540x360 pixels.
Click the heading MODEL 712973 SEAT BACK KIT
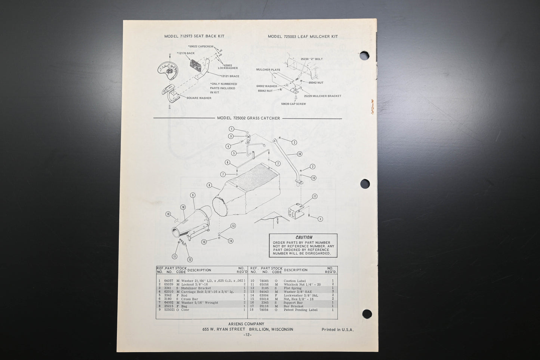(194, 36)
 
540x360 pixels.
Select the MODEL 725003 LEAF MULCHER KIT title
(303, 37)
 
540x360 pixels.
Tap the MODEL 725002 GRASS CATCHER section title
(248, 118)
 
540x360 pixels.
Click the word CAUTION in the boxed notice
(304, 237)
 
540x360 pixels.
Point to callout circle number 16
(299, 154)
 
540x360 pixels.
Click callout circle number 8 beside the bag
(209, 185)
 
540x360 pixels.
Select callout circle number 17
(315, 196)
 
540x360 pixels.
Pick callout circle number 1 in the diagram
(231, 129)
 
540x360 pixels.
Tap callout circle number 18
(168, 214)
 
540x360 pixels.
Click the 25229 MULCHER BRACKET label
(322, 96)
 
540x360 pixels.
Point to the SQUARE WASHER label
(199, 98)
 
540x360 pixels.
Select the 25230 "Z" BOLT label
(311, 59)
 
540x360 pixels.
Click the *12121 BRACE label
(229, 76)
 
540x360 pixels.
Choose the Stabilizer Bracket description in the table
(196, 288)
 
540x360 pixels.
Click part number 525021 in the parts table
(169, 310)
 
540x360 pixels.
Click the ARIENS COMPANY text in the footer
(246, 324)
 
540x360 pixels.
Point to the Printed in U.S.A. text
(337, 330)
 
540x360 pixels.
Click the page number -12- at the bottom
(247, 335)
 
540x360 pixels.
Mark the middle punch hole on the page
(365, 184)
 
